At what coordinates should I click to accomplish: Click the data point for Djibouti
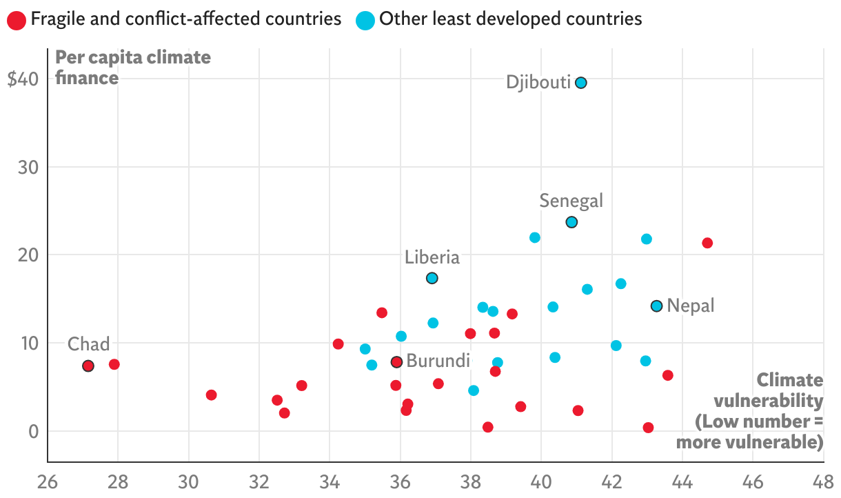pyautogui.click(x=581, y=83)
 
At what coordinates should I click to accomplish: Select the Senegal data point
pyautogui.click(x=571, y=222)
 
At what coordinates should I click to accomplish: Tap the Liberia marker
pyautogui.click(x=432, y=278)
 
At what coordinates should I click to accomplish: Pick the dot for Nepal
pyautogui.click(x=656, y=306)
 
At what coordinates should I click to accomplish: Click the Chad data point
pyautogui.click(x=88, y=366)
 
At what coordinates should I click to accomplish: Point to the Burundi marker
pyautogui.click(x=396, y=361)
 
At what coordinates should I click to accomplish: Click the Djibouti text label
pyautogui.click(x=538, y=83)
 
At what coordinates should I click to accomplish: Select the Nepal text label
pyautogui.click(x=691, y=306)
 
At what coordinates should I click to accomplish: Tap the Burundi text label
pyautogui.click(x=438, y=361)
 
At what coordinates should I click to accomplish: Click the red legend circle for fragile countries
pyautogui.click(x=16, y=19)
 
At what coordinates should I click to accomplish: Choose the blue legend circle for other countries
pyautogui.click(x=365, y=19)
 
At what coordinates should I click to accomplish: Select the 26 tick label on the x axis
pyautogui.click(x=48, y=481)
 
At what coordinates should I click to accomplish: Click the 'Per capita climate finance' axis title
pyautogui.click(x=133, y=68)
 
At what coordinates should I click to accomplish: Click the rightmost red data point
pyautogui.click(x=707, y=243)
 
